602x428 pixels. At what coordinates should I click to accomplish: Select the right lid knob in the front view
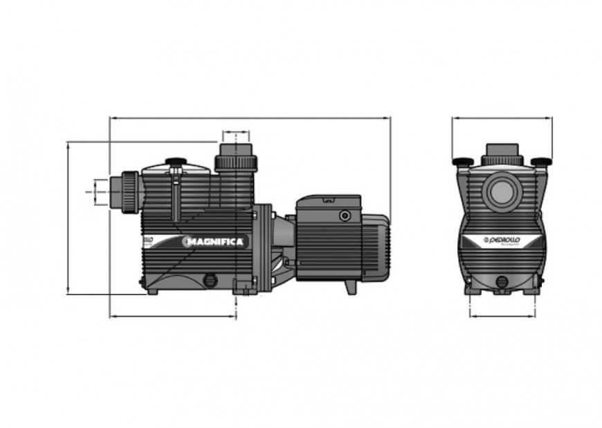[x=540, y=162]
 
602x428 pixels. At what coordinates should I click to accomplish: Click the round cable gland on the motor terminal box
[x=344, y=216]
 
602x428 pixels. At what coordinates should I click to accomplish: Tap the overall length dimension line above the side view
[x=250, y=118]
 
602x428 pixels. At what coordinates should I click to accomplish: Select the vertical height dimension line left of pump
[x=68, y=218]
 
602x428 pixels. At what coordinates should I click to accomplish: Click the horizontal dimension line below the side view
[x=173, y=317]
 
